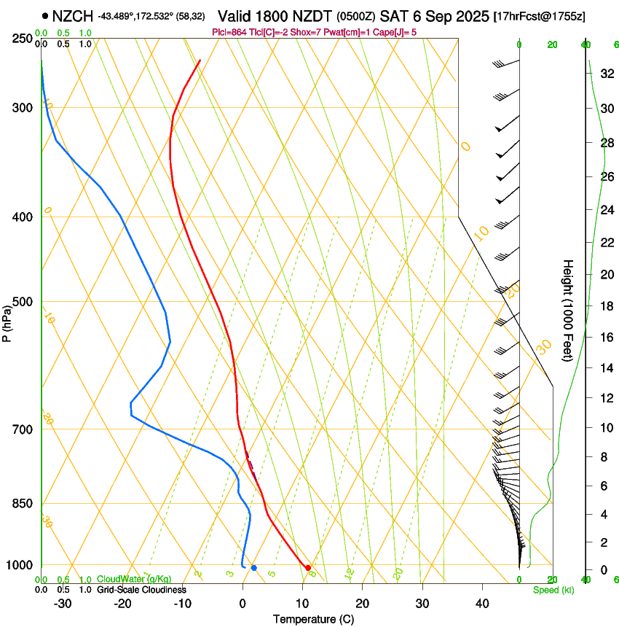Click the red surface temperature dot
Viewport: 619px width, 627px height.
point(308,567)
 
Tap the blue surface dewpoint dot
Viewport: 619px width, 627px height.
point(253,567)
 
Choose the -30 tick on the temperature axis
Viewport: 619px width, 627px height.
point(63,603)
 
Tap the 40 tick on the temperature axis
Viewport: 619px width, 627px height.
point(482,603)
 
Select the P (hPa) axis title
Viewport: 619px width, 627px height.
point(8,321)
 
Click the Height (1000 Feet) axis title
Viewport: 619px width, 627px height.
point(569,310)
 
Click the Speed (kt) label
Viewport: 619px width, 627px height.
point(553,589)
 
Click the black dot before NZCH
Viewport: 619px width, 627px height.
point(46,15)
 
